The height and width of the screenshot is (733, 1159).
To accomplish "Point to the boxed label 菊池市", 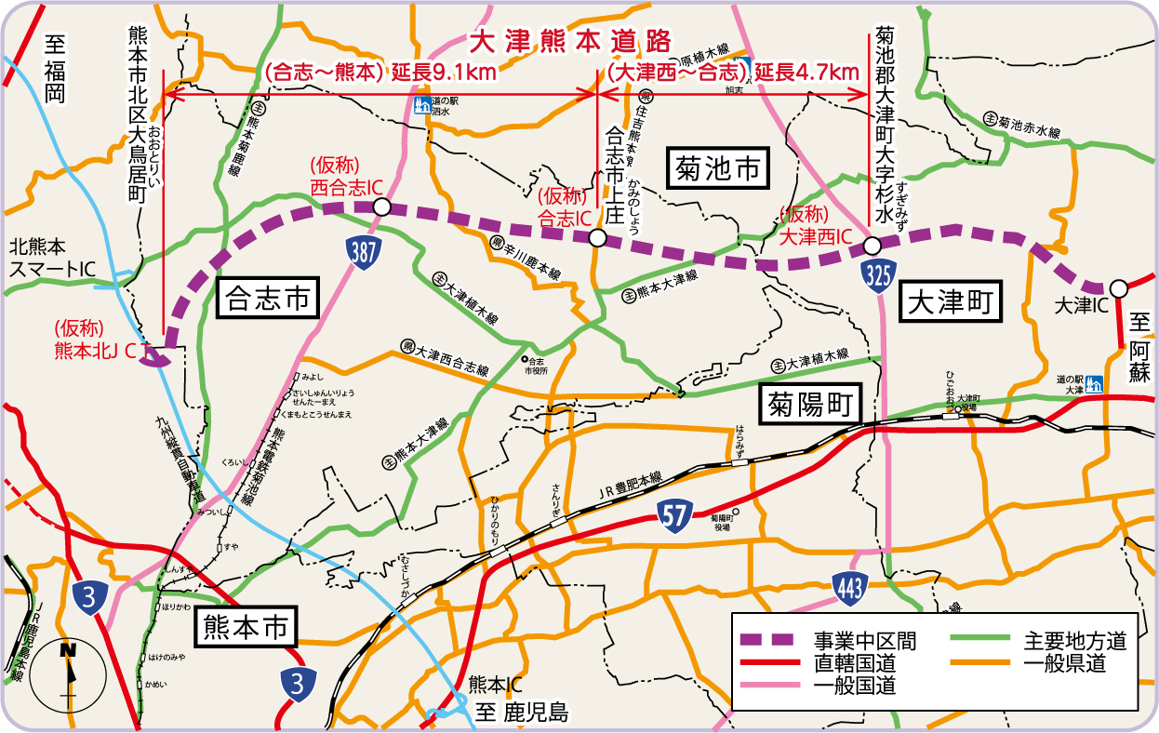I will point(719,169).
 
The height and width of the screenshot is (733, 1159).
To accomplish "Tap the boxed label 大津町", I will point(952,302).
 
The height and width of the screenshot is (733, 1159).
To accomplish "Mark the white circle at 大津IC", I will point(1118,287).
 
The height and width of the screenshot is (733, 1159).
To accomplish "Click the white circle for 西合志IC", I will point(380,207).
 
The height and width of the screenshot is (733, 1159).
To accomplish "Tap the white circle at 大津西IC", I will point(872,246).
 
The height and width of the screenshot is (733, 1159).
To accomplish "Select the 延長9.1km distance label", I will point(444,71).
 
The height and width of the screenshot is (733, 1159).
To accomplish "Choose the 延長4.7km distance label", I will point(806,71).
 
